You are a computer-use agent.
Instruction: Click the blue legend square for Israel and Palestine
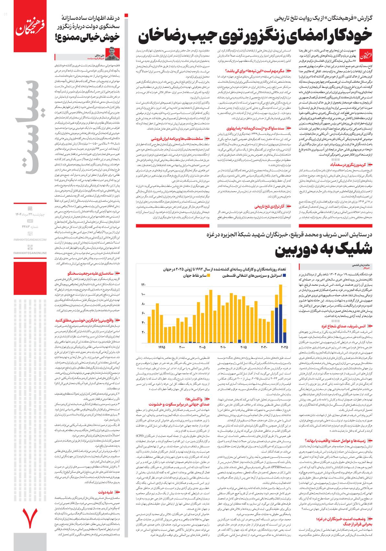284,275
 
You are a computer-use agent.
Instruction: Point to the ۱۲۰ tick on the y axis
143,285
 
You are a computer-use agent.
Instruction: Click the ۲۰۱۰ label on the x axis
223,347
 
